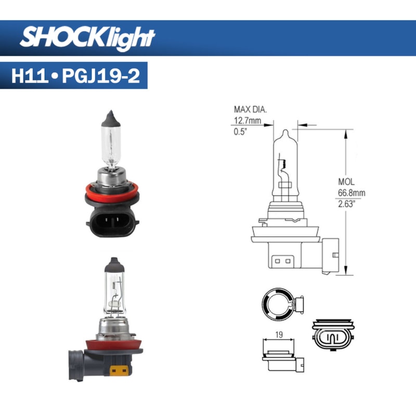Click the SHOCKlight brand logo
pos(87,37)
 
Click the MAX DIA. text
pos(251,109)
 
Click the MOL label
pos(346,182)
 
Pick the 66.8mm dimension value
pos(352,192)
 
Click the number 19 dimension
pos(279,336)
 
